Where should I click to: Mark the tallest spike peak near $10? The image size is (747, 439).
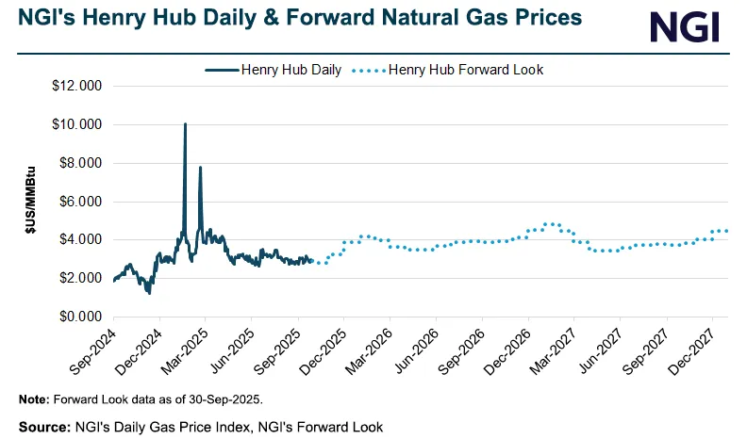(185, 124)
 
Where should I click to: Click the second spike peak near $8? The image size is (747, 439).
(200, 168)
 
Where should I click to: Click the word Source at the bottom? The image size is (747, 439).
(43, 427)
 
